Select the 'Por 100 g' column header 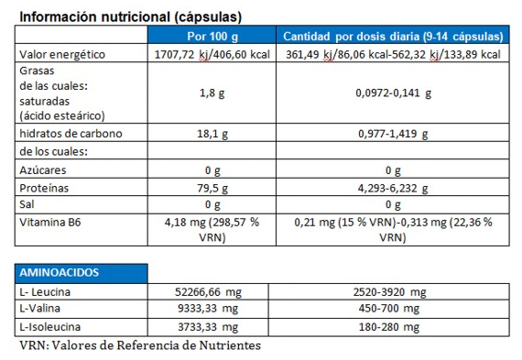click(x=212, y=37)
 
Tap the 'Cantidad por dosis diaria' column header click(x=392, y=37)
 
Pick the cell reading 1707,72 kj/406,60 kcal click(x=212, y=54)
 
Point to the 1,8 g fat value click(x=212, y=93)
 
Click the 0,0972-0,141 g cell click(x=392, y=93)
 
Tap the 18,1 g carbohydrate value click(x=212, y=133)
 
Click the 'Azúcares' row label click(x=42, y=170)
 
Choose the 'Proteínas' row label click(x=44, y=187)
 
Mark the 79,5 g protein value click(x=212, y=187)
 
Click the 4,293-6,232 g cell click(x=392, y=187)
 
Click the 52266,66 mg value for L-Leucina click(x=212, y=292)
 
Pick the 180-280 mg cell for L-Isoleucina click(x=392, y=326)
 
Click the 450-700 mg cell click(x=392, y=309)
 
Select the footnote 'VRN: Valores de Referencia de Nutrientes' click(x=140, y=345)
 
